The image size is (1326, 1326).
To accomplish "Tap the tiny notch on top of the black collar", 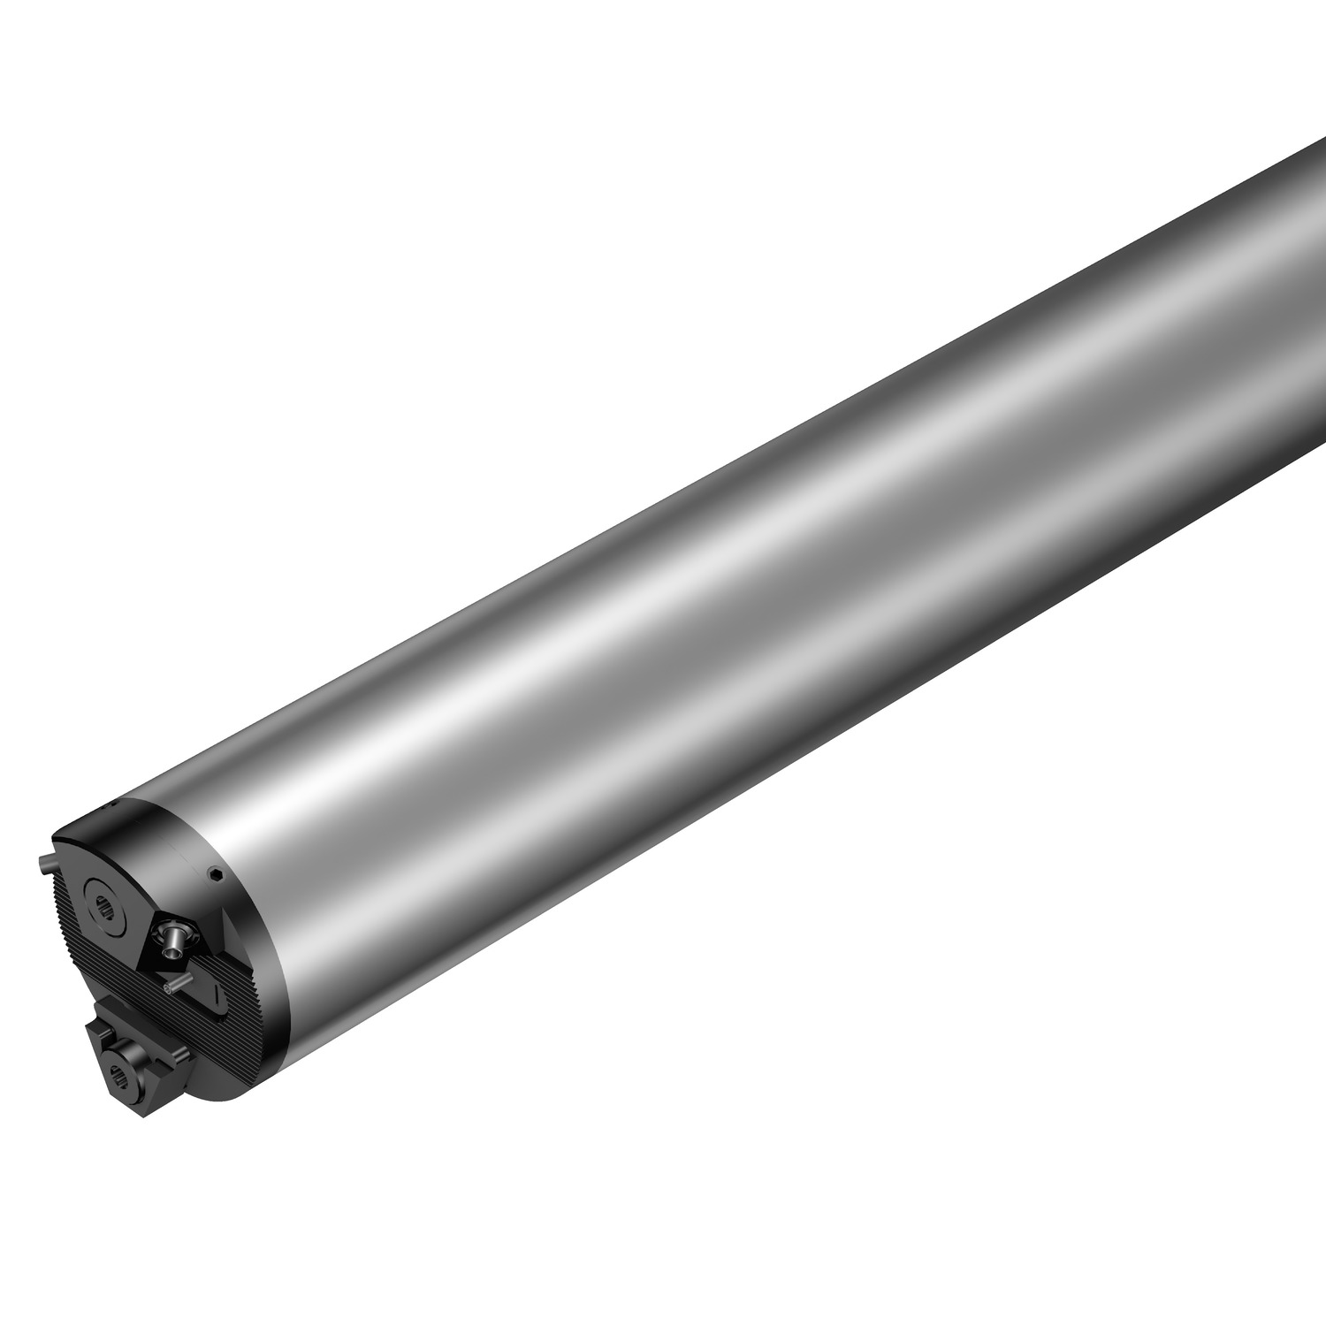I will (110, 806).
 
